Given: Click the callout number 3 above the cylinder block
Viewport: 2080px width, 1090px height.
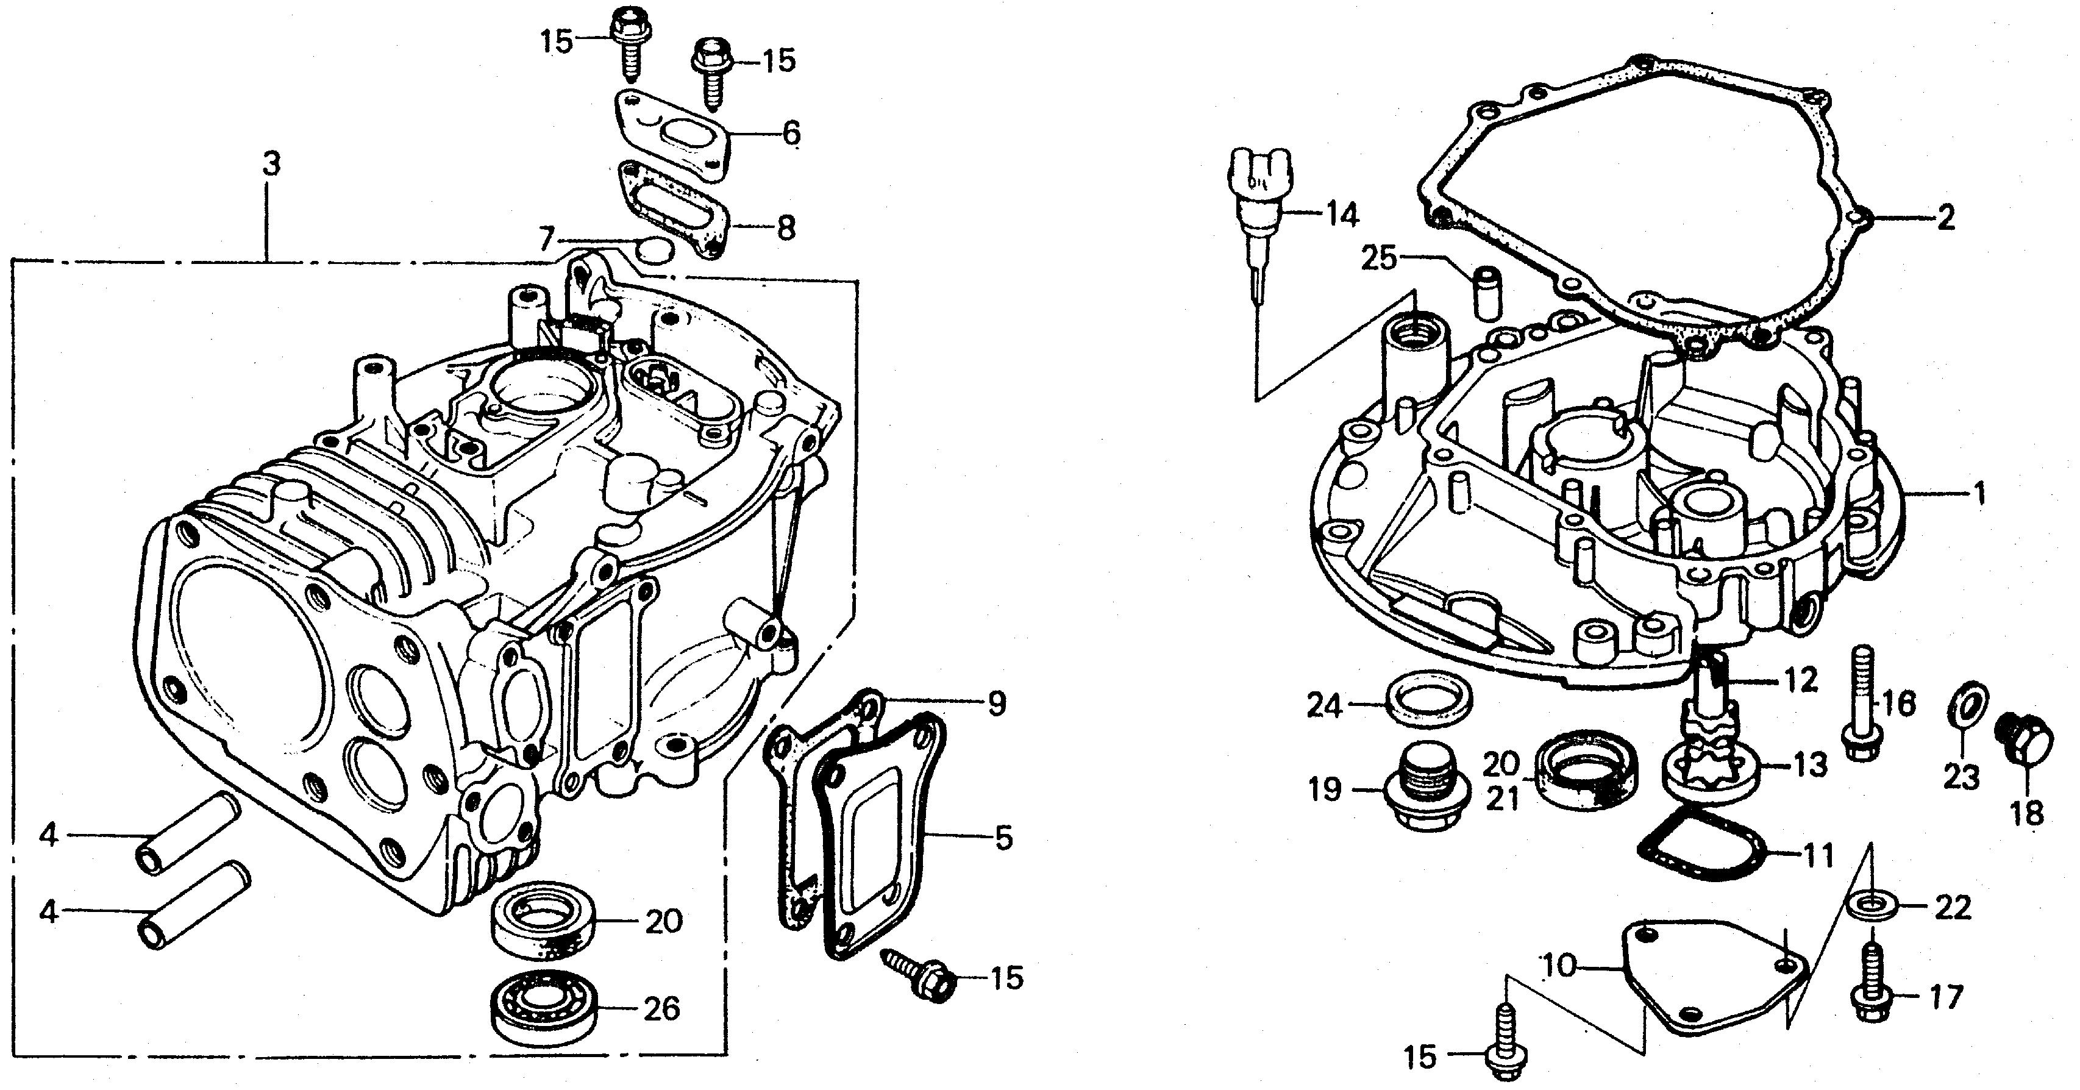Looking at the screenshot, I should tap(271, 164).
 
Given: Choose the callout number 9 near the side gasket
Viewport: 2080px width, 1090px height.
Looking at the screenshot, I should tap(997, 704).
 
